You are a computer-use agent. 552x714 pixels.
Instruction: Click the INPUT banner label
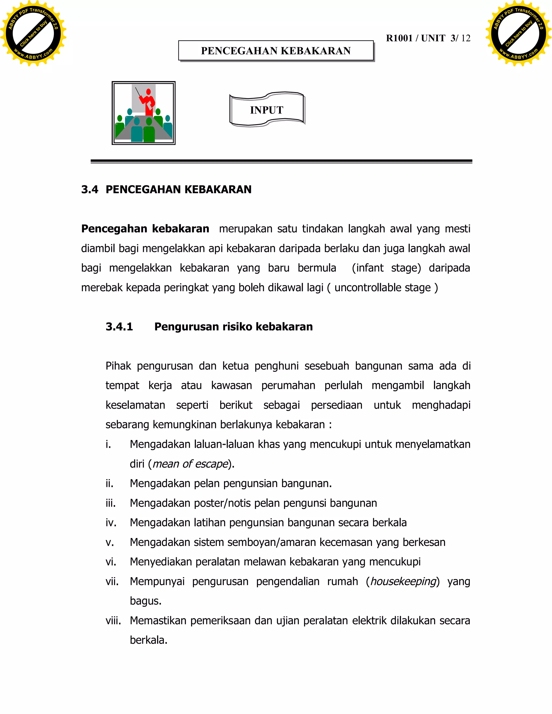pos(267,110)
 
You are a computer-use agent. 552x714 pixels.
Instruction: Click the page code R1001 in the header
pos(399,38)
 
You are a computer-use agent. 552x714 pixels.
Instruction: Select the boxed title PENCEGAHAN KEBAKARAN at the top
pos(276,51)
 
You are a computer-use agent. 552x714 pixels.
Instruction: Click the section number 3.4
pos(89,189)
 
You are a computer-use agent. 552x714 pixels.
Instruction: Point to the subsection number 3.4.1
pos(119,327)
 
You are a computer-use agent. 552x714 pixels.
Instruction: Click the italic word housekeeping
pos(403,581)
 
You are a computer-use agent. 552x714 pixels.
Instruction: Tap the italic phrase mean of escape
pos(190,464)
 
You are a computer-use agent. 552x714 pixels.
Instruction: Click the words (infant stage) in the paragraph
pos(386,268)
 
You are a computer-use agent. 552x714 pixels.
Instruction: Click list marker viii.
pos(113,621)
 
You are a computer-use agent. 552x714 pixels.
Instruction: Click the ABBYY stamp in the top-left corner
pos(33,33)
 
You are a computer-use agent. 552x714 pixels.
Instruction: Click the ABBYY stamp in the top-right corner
pos(519,33)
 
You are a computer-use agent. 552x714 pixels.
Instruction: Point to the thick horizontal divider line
pos(281,161)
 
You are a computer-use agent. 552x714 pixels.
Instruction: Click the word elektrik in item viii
pos(370,621)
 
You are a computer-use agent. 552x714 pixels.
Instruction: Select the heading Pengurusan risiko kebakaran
pos(233,327)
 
